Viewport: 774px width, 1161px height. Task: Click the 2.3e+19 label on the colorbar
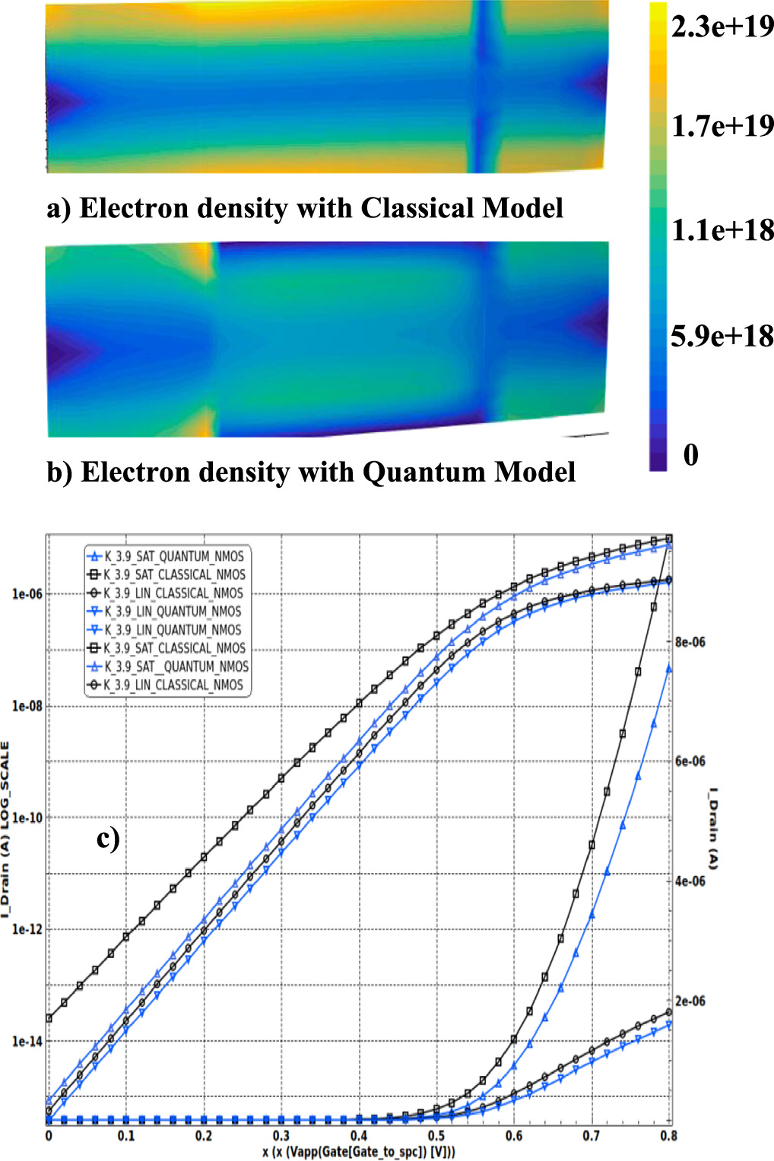coord(722,27)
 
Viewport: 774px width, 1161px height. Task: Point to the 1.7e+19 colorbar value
coord(722,126)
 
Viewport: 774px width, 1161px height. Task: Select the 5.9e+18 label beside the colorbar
coord(722,336)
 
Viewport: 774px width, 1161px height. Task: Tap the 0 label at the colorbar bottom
coord(690,454)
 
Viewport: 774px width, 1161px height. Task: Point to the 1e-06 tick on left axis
coord(27,594)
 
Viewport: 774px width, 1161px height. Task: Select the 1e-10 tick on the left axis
coord(27,818)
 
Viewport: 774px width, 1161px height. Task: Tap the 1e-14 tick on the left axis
coord(27,1041)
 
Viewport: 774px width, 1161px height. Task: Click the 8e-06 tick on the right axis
coord(690,642)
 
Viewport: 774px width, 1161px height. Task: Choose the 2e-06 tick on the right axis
coord(690,1001)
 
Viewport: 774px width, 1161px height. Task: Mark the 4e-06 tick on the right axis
coord(690,881)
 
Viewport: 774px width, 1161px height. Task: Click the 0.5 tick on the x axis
coord(436,1136)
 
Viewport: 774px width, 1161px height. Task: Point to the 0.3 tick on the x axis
coord(281,1136)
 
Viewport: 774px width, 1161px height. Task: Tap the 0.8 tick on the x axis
coord(668,1136)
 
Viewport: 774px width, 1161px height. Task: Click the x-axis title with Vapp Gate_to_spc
coord(359,1152)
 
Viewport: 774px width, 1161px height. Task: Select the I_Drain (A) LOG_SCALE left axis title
coord(6,828)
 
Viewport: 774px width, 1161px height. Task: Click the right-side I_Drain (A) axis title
coord(712,828)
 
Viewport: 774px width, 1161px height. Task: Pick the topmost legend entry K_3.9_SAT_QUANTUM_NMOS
coord(173,556)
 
